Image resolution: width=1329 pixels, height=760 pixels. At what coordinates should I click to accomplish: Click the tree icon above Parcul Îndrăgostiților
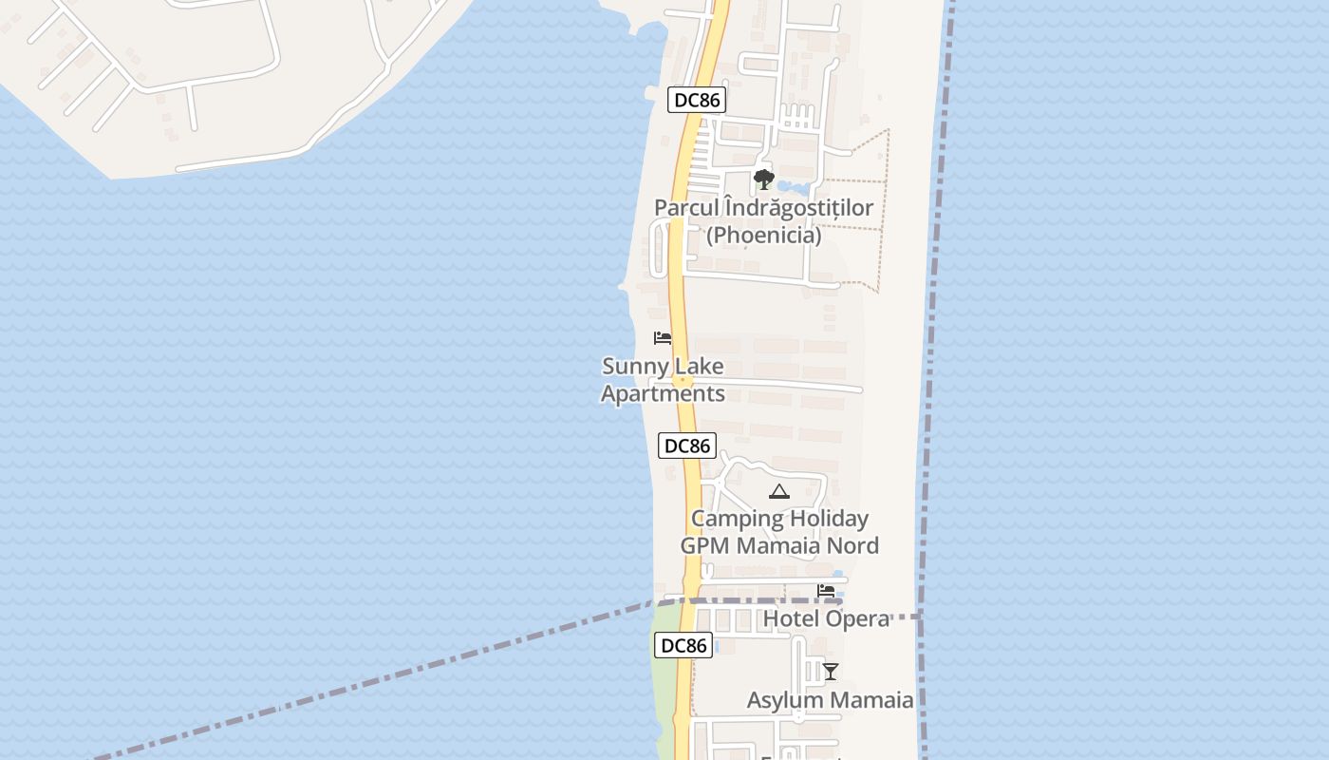click(x=763, y=180)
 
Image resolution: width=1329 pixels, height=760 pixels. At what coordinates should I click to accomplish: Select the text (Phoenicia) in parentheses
click(x=764, y=235)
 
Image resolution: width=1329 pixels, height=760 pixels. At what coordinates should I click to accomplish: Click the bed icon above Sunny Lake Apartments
click(x=663, y=338)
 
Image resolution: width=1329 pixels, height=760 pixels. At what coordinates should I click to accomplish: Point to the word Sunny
click(x=633, y=367)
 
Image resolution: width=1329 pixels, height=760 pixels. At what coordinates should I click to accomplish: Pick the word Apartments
click(x=663, y=393)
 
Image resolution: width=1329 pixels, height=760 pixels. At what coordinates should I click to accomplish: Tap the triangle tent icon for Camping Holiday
click(x=779, y=491)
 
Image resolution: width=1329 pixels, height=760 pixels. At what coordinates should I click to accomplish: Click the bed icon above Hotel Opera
click(x=826, y=591)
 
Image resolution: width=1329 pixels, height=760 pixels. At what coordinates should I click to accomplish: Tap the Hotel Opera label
click(x=826, y=618)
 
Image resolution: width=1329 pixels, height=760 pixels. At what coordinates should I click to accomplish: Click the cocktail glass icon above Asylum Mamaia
click(x=831, y=672)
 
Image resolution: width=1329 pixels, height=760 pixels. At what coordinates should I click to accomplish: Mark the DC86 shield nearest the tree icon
click(x=696, y=100)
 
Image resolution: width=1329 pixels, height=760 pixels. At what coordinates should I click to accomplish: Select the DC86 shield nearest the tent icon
click(x=686, y=445)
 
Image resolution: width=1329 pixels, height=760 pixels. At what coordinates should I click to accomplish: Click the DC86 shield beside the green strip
click(x=683, y=645)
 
